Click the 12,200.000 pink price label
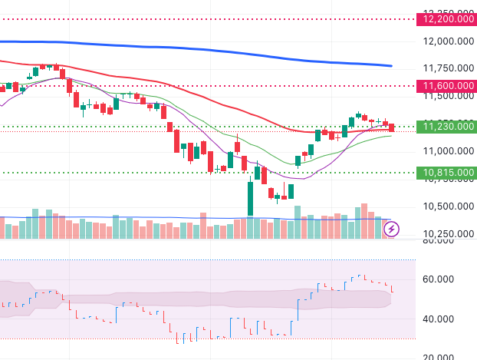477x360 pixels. point(445,19)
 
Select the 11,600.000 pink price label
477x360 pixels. point(445,86)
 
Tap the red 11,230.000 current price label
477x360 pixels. point(445,127)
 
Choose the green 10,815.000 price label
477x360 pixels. point(445,173)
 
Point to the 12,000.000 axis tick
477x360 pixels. point(445,41)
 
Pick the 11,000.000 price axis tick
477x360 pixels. point(445,151)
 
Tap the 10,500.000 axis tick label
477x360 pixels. point(445,206)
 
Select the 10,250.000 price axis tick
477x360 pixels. point(445,233)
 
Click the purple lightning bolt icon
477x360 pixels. point(391,228)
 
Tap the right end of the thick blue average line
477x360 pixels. point(391,66)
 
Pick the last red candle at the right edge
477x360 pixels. point(392,127)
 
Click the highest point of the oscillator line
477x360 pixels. point(360,276)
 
